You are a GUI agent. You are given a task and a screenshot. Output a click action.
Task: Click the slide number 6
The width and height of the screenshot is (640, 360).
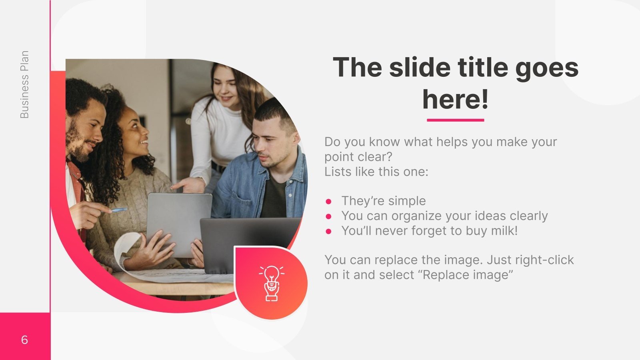(x=24, y=340)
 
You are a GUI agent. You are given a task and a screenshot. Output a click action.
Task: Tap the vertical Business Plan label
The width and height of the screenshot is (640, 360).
(x=24, y=84)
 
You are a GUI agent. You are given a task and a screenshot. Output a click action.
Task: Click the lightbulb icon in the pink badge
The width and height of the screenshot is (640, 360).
(x=272, y=282)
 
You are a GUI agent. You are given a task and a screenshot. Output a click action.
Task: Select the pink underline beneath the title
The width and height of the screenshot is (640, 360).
(x=455, y=120)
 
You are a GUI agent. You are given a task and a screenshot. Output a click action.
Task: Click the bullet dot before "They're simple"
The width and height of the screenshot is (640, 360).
(x=329, y=201)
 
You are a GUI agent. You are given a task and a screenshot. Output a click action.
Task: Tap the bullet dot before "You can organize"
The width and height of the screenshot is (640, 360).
(x=329, y=216)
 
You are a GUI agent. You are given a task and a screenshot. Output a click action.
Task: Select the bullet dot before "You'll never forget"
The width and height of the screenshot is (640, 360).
(x=329, y=231)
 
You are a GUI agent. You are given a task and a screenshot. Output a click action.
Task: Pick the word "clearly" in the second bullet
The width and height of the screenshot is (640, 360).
(x=528, y=216)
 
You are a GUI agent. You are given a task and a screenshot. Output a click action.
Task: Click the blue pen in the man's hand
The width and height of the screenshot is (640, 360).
(x=119, y=210)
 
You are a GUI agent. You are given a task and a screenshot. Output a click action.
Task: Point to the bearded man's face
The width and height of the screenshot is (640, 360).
(x=86, y=128)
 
